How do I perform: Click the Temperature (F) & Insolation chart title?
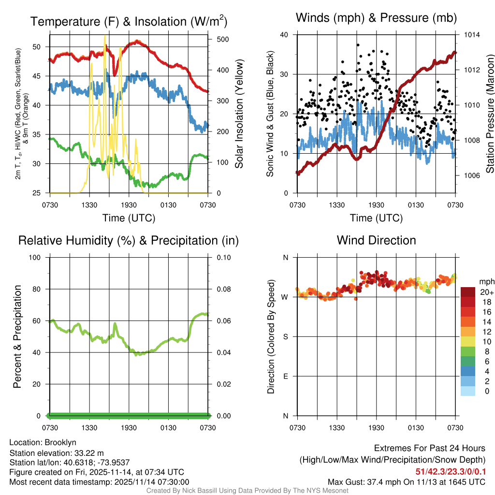pyautogui.click(x=129, y=22)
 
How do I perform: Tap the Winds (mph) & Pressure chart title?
pyautogui.click(x=376, y=18)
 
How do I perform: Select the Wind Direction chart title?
pyautogui.click(x=376, y=240)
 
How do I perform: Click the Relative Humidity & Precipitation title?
pyautogui.click(x=129, y=240)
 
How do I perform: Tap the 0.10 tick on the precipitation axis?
pyautogui.click(x=222, y=257)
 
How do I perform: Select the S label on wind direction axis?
pyautogui.click(x=285, y=336)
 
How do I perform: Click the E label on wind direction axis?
pyautogui.click(x=285, y=376)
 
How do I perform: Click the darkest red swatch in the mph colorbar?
pyautogui.click(x=467, y=292)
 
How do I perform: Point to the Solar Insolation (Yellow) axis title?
pyautogui.click(x=239, y=114)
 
